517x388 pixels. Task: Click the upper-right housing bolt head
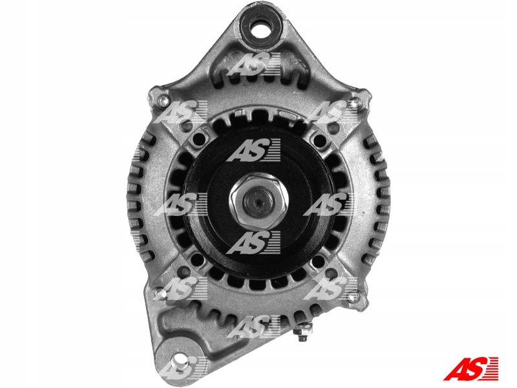tap(353, 102)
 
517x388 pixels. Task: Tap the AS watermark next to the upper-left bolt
tap(178, 113)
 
